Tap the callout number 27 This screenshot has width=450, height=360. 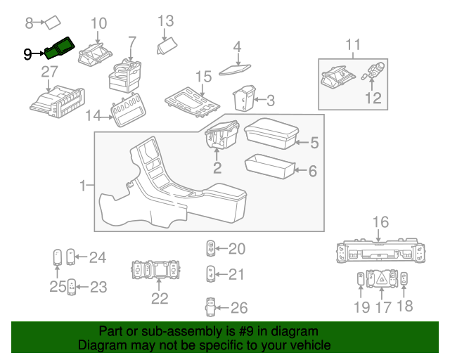pyautogui.click(x=49, y=72)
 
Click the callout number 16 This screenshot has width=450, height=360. pyautogui.click(x=380, y=223)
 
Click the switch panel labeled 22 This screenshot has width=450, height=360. pyautogui.click(x=158, y=269)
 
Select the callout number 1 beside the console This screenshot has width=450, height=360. pyautogui.click(x=82, y=186)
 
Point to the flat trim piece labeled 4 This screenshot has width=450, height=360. pyautogui.click(x=235, y=69)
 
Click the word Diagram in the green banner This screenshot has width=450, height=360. pyautogui.click(x=105, y=346)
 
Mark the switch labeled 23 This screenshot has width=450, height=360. pyautogui.click(x=72, y=286)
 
